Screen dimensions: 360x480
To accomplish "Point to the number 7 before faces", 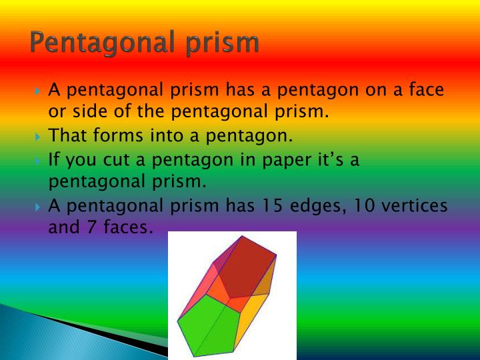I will pos(91,227).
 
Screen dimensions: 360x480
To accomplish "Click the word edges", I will pos(326,205).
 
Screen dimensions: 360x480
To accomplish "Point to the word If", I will pos(54,161).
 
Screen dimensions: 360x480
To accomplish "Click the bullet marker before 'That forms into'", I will pos(38,137).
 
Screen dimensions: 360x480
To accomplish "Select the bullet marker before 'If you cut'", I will pos(38,161).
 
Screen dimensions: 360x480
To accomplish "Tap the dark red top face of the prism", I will pos(250,267).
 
